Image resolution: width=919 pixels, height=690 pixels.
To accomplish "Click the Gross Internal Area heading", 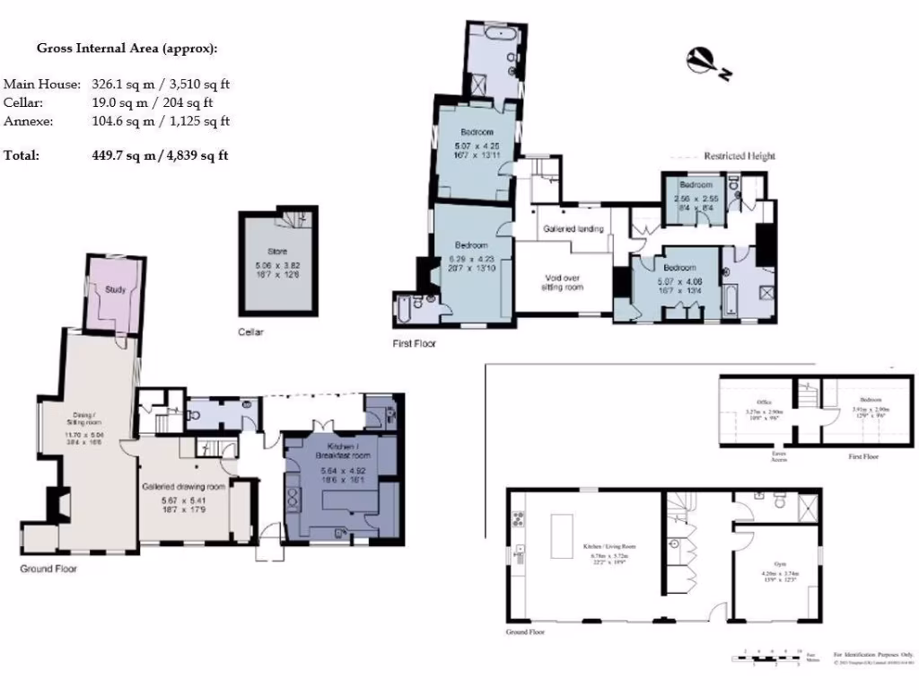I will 126,49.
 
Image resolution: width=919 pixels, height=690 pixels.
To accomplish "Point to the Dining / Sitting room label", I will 85,418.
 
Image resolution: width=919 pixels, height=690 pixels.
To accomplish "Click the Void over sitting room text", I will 562,282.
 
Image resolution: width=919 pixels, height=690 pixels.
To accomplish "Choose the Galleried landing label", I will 573,229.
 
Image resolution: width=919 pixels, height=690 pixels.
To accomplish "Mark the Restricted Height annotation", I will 739,155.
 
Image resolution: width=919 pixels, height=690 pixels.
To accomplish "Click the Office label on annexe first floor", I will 765,402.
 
